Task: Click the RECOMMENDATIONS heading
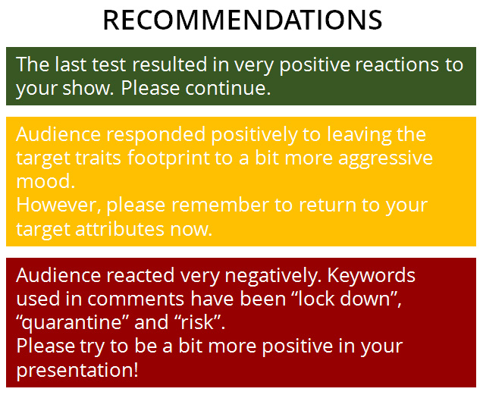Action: click(x=243, y=20)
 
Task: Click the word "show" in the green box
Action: click(x=86, y=89)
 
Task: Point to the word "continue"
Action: click(x=228, y=89)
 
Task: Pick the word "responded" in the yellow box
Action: click(x=156, y=135)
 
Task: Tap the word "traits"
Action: click(x=98, y=158)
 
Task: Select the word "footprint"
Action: click(x=168, y=158)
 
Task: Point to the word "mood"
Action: click(x=45, y=181)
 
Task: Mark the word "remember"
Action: click(x=220, y=205)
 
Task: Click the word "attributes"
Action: click(x=120, y=230)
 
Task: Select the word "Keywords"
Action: click(x=372, y=275)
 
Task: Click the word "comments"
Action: click(x=136, y=299)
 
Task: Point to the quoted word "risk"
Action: click(x=198, y=322)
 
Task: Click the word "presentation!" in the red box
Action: click(x=77, y=371)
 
